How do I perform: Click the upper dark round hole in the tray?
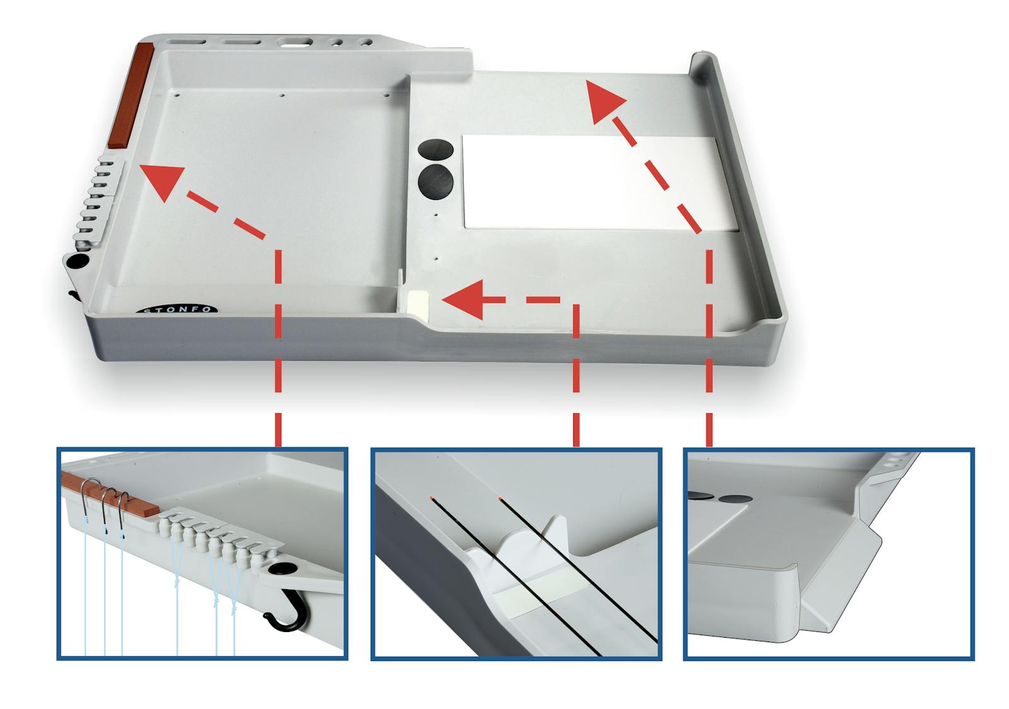coord(436,149)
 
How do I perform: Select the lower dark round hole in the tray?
coord(435,181)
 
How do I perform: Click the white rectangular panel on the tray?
coord(600,182)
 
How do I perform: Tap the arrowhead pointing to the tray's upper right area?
coord(605,102)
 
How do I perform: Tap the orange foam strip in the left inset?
coord(110,495)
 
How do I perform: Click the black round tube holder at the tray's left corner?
coord(78,261)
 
